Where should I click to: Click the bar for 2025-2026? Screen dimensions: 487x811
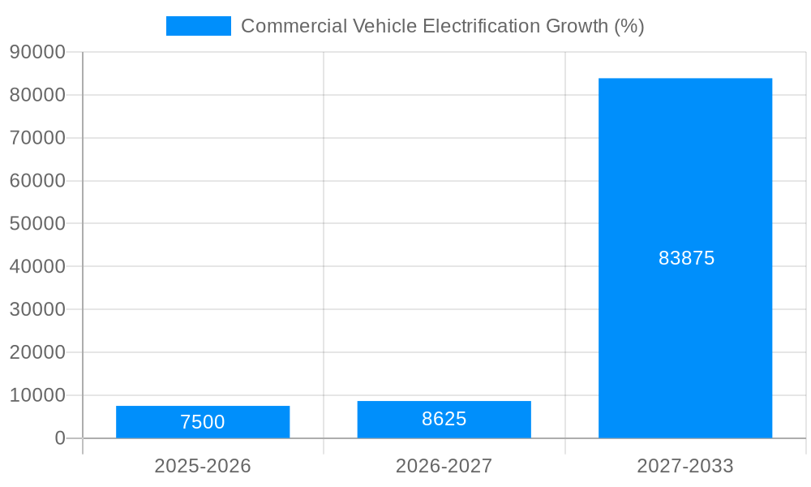click(x=203, y=422)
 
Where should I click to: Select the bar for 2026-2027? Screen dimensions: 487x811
click(x=444, y=420)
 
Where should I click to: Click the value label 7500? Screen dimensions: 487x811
click(x=203, y=422)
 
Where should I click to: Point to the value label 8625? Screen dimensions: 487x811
click(x=444, y=419)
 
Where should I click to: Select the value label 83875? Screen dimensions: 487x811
click(x=686, y=258)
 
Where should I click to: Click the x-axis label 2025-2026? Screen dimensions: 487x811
click(x=203, y=466)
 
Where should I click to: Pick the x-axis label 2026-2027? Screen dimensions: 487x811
click(x=444, y=466)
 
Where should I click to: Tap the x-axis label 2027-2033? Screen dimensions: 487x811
click(x=685, y=466)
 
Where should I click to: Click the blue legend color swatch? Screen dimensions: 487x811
click(x=199, y=26)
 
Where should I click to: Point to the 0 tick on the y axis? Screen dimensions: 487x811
click(x=60, y=438)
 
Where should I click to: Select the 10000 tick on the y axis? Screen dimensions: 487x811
click(x=37, y=395)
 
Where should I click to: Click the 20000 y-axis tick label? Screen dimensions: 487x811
click(x=37, y=352)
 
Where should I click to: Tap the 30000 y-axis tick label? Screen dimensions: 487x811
click(x=37, y=309)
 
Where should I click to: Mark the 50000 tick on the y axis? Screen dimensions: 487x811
click(x=37, y=223)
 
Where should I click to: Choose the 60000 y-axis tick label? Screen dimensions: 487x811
click(x=37, y=181)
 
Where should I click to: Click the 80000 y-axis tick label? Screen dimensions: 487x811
click(x=37, y=95)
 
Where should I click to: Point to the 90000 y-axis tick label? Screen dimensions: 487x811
click(x=37, y=52)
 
